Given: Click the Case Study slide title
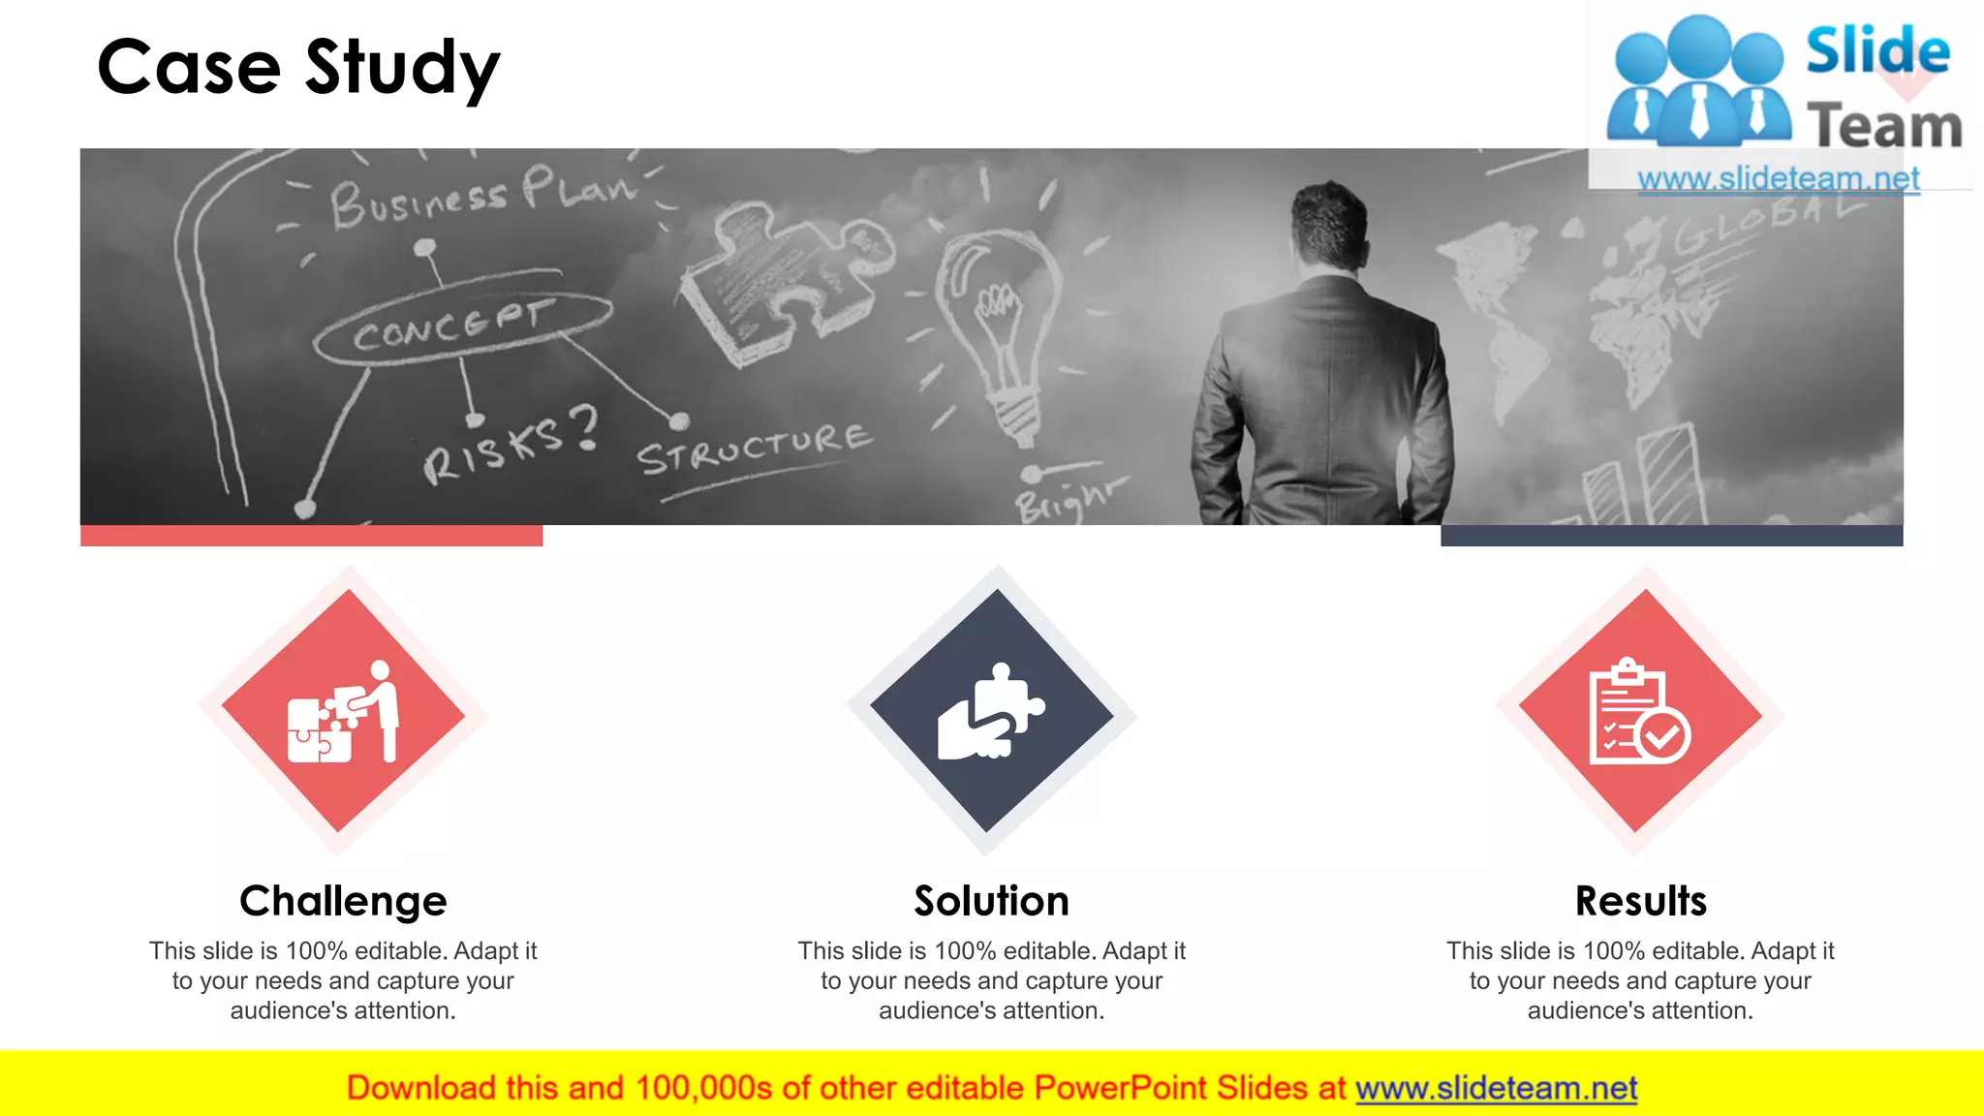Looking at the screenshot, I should tap(298, 68).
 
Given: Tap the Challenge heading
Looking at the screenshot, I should tap(343, 901).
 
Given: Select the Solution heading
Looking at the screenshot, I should tap(991, 901).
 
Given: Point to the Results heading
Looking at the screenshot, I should tap(1640, 901).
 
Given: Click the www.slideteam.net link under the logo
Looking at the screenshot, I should tap(1778, 178).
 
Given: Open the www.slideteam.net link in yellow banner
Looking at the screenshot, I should tap(1496, 1088).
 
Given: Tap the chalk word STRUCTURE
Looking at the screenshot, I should tap(754, 448).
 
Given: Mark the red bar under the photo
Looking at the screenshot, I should tap(311, 536).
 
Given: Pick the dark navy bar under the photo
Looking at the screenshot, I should tap(1671, 536).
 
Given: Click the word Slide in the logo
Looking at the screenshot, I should tap(1877, 50).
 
